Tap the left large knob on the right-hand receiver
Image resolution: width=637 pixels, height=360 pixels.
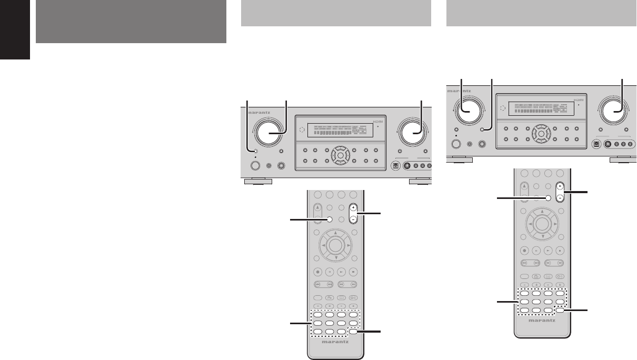(x=467, y=109)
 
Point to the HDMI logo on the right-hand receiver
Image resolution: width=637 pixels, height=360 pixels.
(x=579, y=99)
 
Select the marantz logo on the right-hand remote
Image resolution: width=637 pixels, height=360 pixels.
(x=541, y=319)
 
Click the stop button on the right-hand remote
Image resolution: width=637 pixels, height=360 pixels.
(x=560, y=251)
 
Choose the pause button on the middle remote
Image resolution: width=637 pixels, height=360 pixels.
(x=330, y=272)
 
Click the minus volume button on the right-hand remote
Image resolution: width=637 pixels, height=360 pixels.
(x=560, y=198)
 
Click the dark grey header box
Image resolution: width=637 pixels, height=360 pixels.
(x=131, y=22)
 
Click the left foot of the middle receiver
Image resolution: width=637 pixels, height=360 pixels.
(x=258, y=182)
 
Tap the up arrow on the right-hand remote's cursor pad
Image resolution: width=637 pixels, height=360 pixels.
(x=541, y=212)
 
